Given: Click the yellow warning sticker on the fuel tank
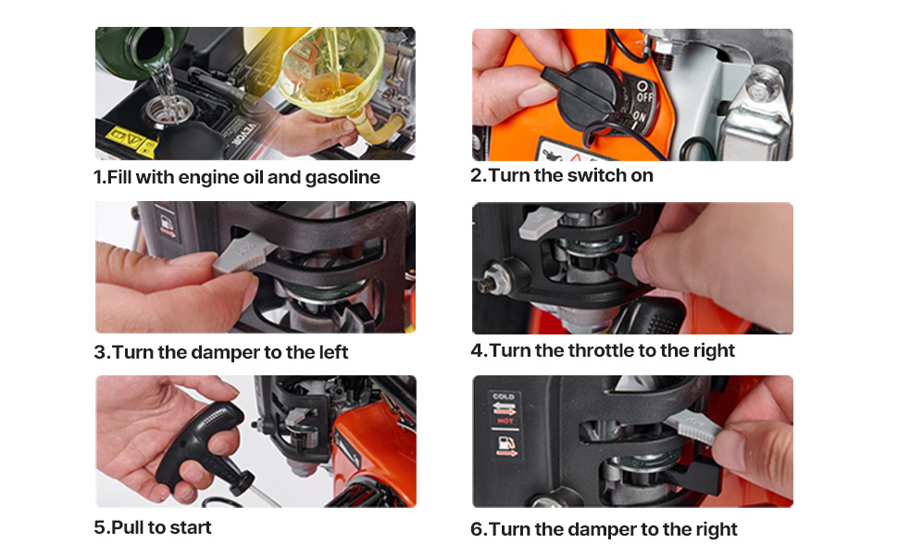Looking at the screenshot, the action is click(131, 141).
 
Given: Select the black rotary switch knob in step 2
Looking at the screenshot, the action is click(584, 97).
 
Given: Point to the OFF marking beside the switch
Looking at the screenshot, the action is click(643, 93).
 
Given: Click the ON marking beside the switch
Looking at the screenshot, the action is click(639, 118).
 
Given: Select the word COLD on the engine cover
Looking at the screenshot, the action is click(504, 396).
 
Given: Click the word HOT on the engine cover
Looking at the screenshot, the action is click(505, 421).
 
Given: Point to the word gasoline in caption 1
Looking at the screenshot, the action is click(342, 178).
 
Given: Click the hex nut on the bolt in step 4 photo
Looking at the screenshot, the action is click(488, 282).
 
